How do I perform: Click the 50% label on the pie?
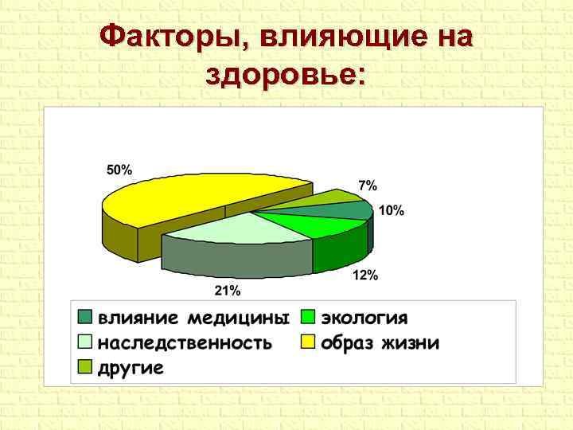(x=119, y=170)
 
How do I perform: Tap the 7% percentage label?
(x=368, y=185)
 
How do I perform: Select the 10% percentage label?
(x=391, y=211)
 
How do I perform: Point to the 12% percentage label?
(x=365, y=276)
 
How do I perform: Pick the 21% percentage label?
(x=228, y=290)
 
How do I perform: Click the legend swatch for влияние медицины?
(x=85, y=317)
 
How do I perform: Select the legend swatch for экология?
(x=308, y=317)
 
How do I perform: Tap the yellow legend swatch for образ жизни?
(x=308, y=343)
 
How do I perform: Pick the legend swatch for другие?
(x=85, y=367)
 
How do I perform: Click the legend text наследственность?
(x=185, y=344)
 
